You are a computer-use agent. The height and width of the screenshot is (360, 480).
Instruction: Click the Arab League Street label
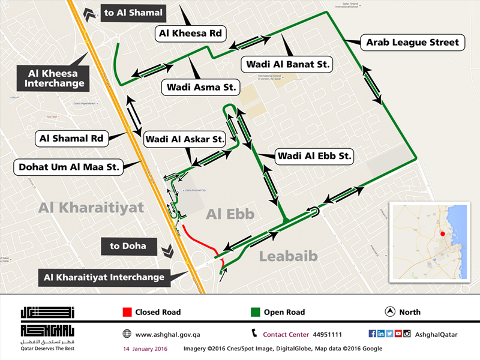click(x=413, y=43)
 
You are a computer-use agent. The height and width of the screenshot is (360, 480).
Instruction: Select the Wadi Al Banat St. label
click(x=286, y=64)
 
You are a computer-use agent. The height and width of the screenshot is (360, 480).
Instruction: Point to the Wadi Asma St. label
click(x=200, y=87)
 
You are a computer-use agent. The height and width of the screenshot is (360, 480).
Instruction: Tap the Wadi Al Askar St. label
click(x=184, y=140)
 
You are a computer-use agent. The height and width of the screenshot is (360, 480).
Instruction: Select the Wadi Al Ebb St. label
click(x=314, y=157)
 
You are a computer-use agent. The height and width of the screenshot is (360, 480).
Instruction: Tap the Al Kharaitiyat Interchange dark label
click(x=104, y=278)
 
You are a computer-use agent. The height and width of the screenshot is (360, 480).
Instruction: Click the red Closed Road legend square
click(x=127, y=312)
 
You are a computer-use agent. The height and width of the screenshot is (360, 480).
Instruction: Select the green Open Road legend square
click(x=254, y=312)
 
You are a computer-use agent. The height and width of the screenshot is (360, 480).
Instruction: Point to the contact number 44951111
click(x=328, y=334)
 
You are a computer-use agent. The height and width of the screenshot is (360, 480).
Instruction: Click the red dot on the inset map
click(x=442, y=233)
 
